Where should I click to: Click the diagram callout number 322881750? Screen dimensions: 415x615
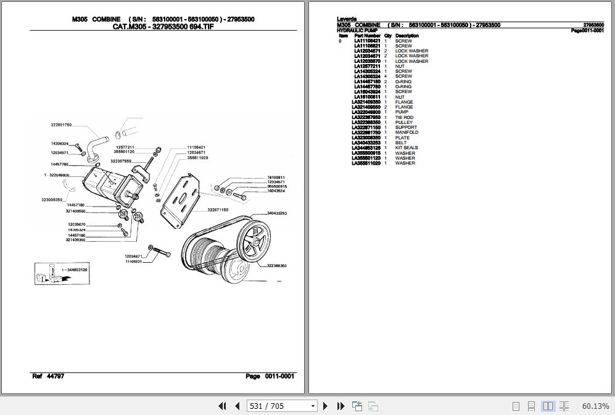(61, 125)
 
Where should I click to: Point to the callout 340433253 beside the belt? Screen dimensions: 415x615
(276, 213)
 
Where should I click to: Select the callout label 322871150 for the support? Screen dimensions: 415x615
(218, 210)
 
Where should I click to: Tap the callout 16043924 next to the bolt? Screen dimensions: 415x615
(276, 191)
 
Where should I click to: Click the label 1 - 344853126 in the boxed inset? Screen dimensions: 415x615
(74, 269)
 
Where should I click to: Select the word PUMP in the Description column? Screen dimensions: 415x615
(402, 112)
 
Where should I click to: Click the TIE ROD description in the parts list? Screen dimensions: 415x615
(404, 117)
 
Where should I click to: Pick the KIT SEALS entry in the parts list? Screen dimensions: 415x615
(406, 148)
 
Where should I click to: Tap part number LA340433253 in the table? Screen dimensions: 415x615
(366, 143)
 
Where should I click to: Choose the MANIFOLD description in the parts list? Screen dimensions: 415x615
(407, 133)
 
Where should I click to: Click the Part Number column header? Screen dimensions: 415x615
(367, 36)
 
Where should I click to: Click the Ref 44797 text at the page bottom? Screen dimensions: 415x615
(48, 376)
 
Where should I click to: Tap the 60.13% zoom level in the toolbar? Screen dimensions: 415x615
(595, 406)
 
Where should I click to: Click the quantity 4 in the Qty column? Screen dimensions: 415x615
(386, 76)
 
